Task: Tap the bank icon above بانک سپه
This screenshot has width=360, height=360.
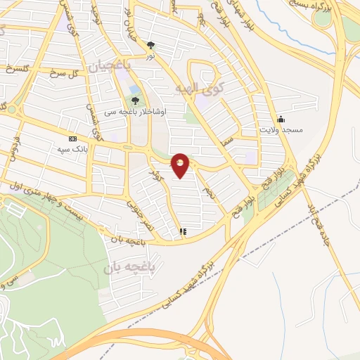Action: click(x=72, y=139)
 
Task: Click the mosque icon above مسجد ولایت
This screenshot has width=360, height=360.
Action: click(x=281, y=119)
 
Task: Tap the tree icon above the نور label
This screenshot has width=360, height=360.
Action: click(x=150, y=45)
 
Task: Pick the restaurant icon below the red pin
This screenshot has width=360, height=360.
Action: click(x=184, y=230)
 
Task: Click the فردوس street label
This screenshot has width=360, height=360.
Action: click(x=16, y=145)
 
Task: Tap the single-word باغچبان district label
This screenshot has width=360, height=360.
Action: click(x=108, y=66)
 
